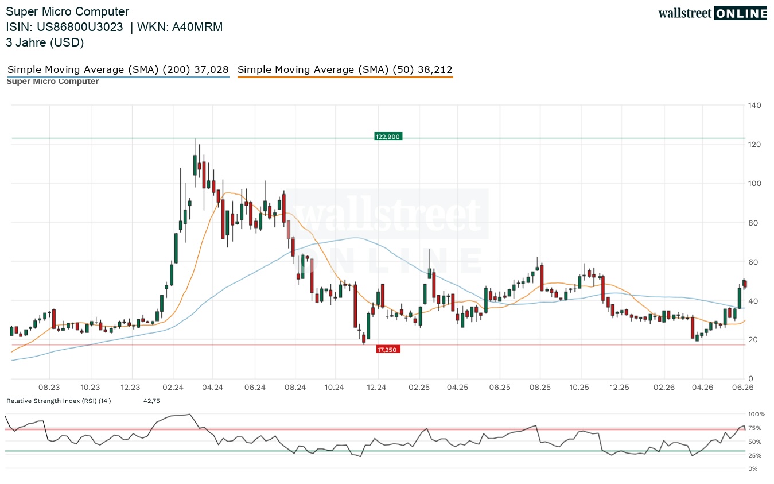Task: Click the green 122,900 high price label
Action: [388, 137]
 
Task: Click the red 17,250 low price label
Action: [388, 350]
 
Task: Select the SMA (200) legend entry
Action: [118, 70]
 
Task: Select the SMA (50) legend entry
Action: [345, 70]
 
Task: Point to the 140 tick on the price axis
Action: [754, 106]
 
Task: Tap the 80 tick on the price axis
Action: [753, 223]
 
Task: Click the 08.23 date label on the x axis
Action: [49, 387]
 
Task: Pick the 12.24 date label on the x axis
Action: [376, 387]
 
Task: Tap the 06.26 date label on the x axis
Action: [743, 387]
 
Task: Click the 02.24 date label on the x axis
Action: [173, 387]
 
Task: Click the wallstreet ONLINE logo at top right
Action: [713, 13]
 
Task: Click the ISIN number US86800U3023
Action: [80, 27]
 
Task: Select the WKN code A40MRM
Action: [197, 27]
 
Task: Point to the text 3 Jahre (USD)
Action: [45, 42]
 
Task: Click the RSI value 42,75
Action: [151, 401]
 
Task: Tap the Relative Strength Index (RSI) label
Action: [59, 401]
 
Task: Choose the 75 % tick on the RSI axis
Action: [754, 428]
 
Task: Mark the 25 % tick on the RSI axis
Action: [754, 456]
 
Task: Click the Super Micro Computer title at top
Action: [67, 11]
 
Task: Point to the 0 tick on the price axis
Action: [750, 378]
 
